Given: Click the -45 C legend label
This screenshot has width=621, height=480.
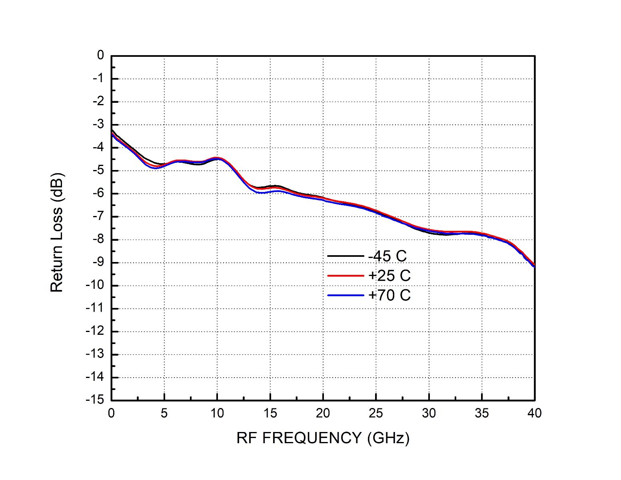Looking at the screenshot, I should pos(387,256).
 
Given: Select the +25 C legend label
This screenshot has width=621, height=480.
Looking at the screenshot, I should pos(389,276).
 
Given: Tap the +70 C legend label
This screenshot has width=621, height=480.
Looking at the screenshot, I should pos(389,295).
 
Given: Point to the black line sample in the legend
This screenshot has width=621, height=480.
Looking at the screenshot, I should pos(345,256).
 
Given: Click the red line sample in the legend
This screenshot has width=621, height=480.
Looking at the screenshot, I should pos(345,276).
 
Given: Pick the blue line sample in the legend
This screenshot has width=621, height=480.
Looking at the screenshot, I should pos(345,295).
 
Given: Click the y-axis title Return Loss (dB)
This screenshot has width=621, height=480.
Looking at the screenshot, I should pos(57,232).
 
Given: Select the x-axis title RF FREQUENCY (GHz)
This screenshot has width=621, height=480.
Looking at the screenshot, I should pos(323,438).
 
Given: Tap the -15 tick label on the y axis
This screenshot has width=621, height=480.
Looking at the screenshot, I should pos(94,400).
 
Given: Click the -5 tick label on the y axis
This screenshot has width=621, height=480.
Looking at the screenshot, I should pos(98,170).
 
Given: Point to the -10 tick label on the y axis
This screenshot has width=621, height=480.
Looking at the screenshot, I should pos(94,285).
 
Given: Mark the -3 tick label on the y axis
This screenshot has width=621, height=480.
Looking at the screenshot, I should pos(98,124).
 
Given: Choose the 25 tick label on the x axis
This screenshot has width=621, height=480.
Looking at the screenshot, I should pos(376,413).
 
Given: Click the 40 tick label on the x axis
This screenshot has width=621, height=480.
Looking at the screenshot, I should pos(534,413).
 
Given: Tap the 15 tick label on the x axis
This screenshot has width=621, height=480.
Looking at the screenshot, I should pos(270,413).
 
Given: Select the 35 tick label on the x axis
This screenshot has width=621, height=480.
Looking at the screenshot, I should pos(481,413).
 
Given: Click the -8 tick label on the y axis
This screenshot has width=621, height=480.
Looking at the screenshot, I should pos(98,239).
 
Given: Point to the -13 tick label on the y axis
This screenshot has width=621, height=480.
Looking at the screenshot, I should pos(94,354).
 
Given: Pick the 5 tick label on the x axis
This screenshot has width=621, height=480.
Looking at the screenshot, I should pos(164,413).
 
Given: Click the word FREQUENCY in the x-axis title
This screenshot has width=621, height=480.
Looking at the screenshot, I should pos(311,438).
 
